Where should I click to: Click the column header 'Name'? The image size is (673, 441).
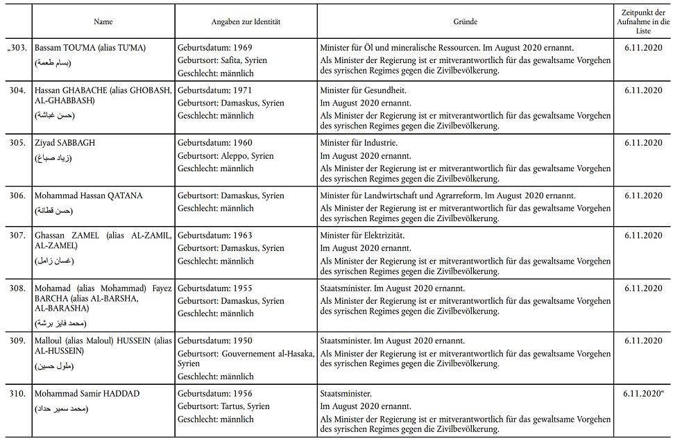[103, 22]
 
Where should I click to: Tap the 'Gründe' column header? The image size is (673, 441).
[466, 22]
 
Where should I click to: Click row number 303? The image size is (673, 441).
[18, 48]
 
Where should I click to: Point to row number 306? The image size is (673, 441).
[18, 196]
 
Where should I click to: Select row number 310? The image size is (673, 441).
[18, 394]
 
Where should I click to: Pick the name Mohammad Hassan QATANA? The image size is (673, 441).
[89, 196]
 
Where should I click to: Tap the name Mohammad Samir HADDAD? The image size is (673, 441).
[87, 394]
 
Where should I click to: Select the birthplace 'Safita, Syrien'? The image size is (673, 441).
[244, 60]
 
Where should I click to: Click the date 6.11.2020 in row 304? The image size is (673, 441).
[643, 90]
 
